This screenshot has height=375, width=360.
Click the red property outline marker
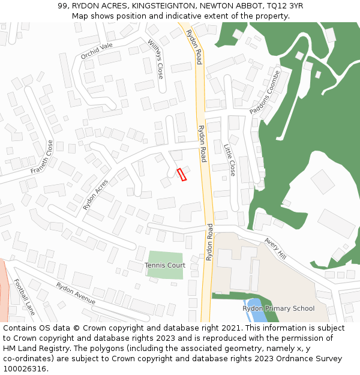coord(182,175)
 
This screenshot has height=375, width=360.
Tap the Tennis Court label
coord(165,265)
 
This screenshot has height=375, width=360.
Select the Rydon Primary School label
coord(278,308)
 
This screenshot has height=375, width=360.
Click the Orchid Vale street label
coord(97,51)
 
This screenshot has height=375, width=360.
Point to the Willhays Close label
coord(155,59)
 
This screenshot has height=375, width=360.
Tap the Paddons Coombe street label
coord(265,95)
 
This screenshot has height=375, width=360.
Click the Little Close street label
coord(230,160)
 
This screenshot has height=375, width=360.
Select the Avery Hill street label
coord(275,248)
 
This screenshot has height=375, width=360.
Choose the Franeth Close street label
coord(42,157)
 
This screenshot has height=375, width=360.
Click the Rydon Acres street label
coord(96,194)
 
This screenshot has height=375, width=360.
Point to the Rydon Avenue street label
coord(76,293)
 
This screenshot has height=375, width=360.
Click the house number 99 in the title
coord(62,5)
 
